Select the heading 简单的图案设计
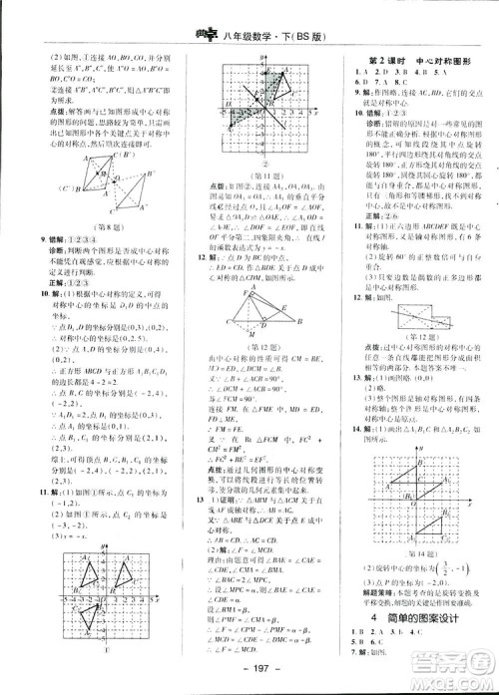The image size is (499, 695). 413,619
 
